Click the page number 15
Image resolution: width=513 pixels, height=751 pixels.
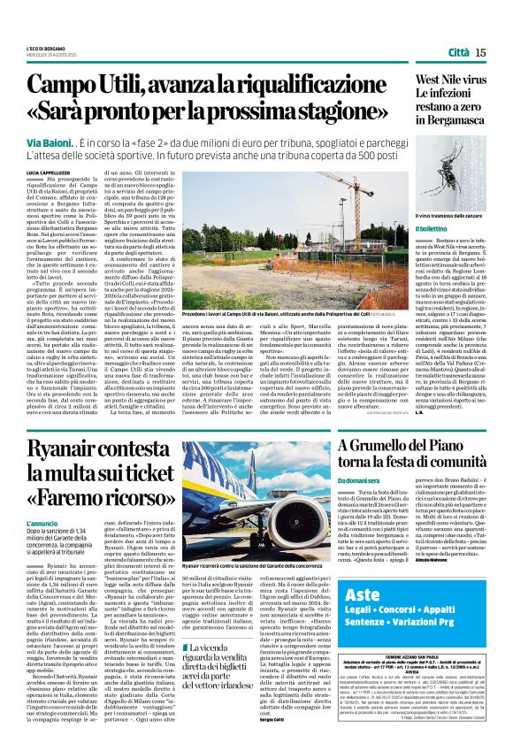point(480,52)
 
